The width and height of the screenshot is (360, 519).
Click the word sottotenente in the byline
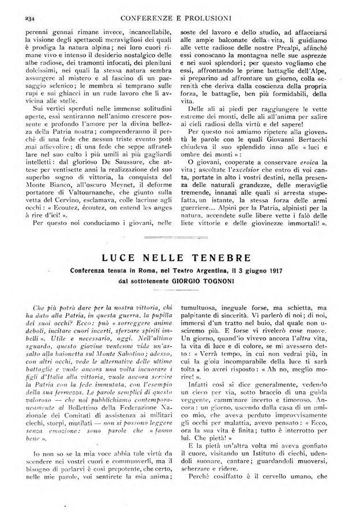tap(149, 281)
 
